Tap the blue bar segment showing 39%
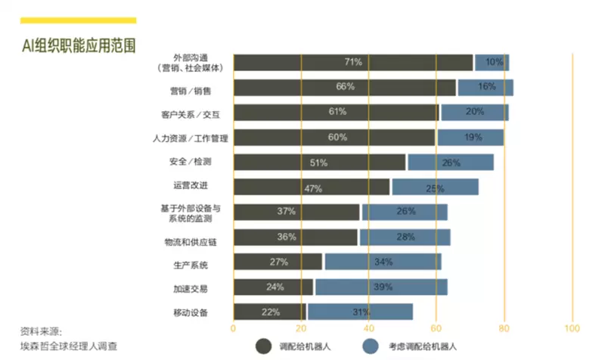pyautogui.click(x=381, y=287)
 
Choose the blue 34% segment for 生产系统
pyautogui.click(x=382, y=262)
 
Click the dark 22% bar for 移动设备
pyautogui.click(x=270, y=312)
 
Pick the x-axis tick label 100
pyautogui.click(x=572, y=329)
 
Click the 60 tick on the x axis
pyautogui.click(x=436, y=329)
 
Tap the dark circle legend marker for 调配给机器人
pyautogui.click(x=263, y=346)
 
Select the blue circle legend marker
pyautogui.click(x=370, y=346)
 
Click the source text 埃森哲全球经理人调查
pyautogui.click(x=69, y=346)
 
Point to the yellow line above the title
pyautogui.click(x=79, y=20)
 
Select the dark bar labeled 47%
pyautogui.click(x=312, y=188)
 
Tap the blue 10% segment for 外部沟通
pyautogui.click(x=492, y=63)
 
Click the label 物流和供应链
pyautogui.click(x=186, y=241)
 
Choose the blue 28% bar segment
pyautogui.click(x=405, y=237)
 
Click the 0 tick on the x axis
pyautogui.click(x=233, y=329)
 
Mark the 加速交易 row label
pyautogui.click(x=191, y=288)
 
